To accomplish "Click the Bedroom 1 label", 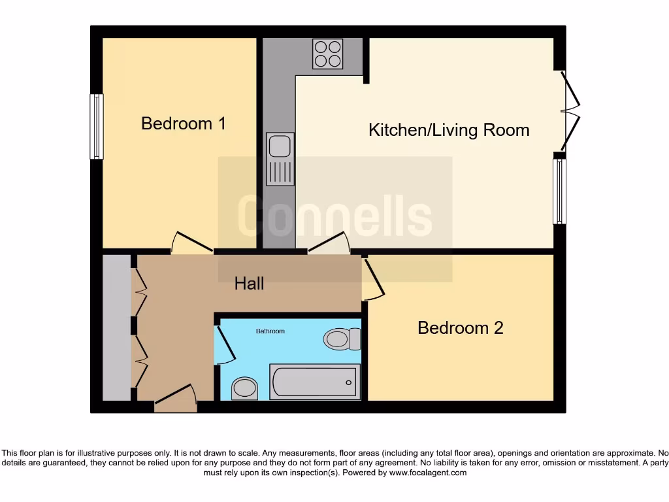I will (184, 123).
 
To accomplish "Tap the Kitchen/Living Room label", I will (449, 129).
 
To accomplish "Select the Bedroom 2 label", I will (461, 327).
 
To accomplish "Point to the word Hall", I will (250, 283).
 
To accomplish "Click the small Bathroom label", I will (270, 331).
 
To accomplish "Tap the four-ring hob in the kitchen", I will (328, 54).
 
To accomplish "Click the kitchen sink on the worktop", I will (280, 159).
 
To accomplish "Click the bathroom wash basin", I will (245, 388).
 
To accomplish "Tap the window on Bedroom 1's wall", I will (97, 127).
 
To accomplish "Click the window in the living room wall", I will (559, 192).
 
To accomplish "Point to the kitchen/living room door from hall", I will (330, 243).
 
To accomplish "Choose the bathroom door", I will (224, 343).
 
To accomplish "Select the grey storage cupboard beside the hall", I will (116, 327).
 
